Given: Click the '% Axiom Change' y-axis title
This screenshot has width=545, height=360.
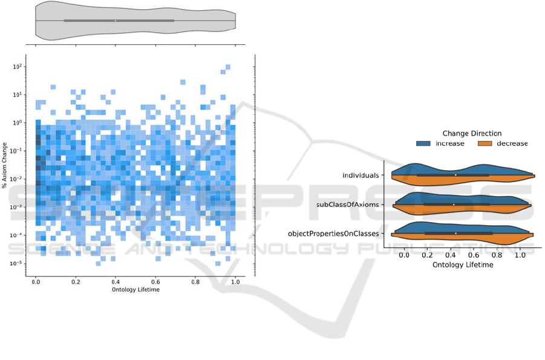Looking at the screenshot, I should pos(5,165).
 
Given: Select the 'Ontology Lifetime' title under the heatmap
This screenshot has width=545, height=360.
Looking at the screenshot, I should pos(136,290).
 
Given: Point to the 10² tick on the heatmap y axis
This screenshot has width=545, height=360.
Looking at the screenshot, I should pos(18,67).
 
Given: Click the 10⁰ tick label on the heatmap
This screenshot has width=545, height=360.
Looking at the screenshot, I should pos(18,123).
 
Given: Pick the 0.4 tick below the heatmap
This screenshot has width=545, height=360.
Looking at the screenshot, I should pos(116,282).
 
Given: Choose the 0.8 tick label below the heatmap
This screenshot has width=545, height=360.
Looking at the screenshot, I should pos(195,282).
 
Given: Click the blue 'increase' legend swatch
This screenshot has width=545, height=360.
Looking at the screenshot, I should pos(424,144).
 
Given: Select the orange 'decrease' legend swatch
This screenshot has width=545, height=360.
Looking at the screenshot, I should pos(486,144).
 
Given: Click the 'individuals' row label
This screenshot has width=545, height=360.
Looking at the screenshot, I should pos(361,175).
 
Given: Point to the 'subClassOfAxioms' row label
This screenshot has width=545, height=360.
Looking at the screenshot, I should pos(348,205).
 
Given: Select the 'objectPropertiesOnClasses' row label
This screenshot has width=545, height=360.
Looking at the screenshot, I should pos(333,233).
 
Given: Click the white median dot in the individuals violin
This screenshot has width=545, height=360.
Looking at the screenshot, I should pos(456,175).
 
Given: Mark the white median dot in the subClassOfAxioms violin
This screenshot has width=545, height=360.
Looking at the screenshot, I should pos(454,204).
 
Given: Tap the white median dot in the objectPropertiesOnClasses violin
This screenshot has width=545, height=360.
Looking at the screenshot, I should pos(455,233).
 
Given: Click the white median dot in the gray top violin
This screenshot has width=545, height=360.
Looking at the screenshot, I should pos(116,21).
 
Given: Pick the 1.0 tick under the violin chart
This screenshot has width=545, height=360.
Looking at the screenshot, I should pos(520,255).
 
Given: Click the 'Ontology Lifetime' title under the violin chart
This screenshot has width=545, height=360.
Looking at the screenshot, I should pos(463,264).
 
